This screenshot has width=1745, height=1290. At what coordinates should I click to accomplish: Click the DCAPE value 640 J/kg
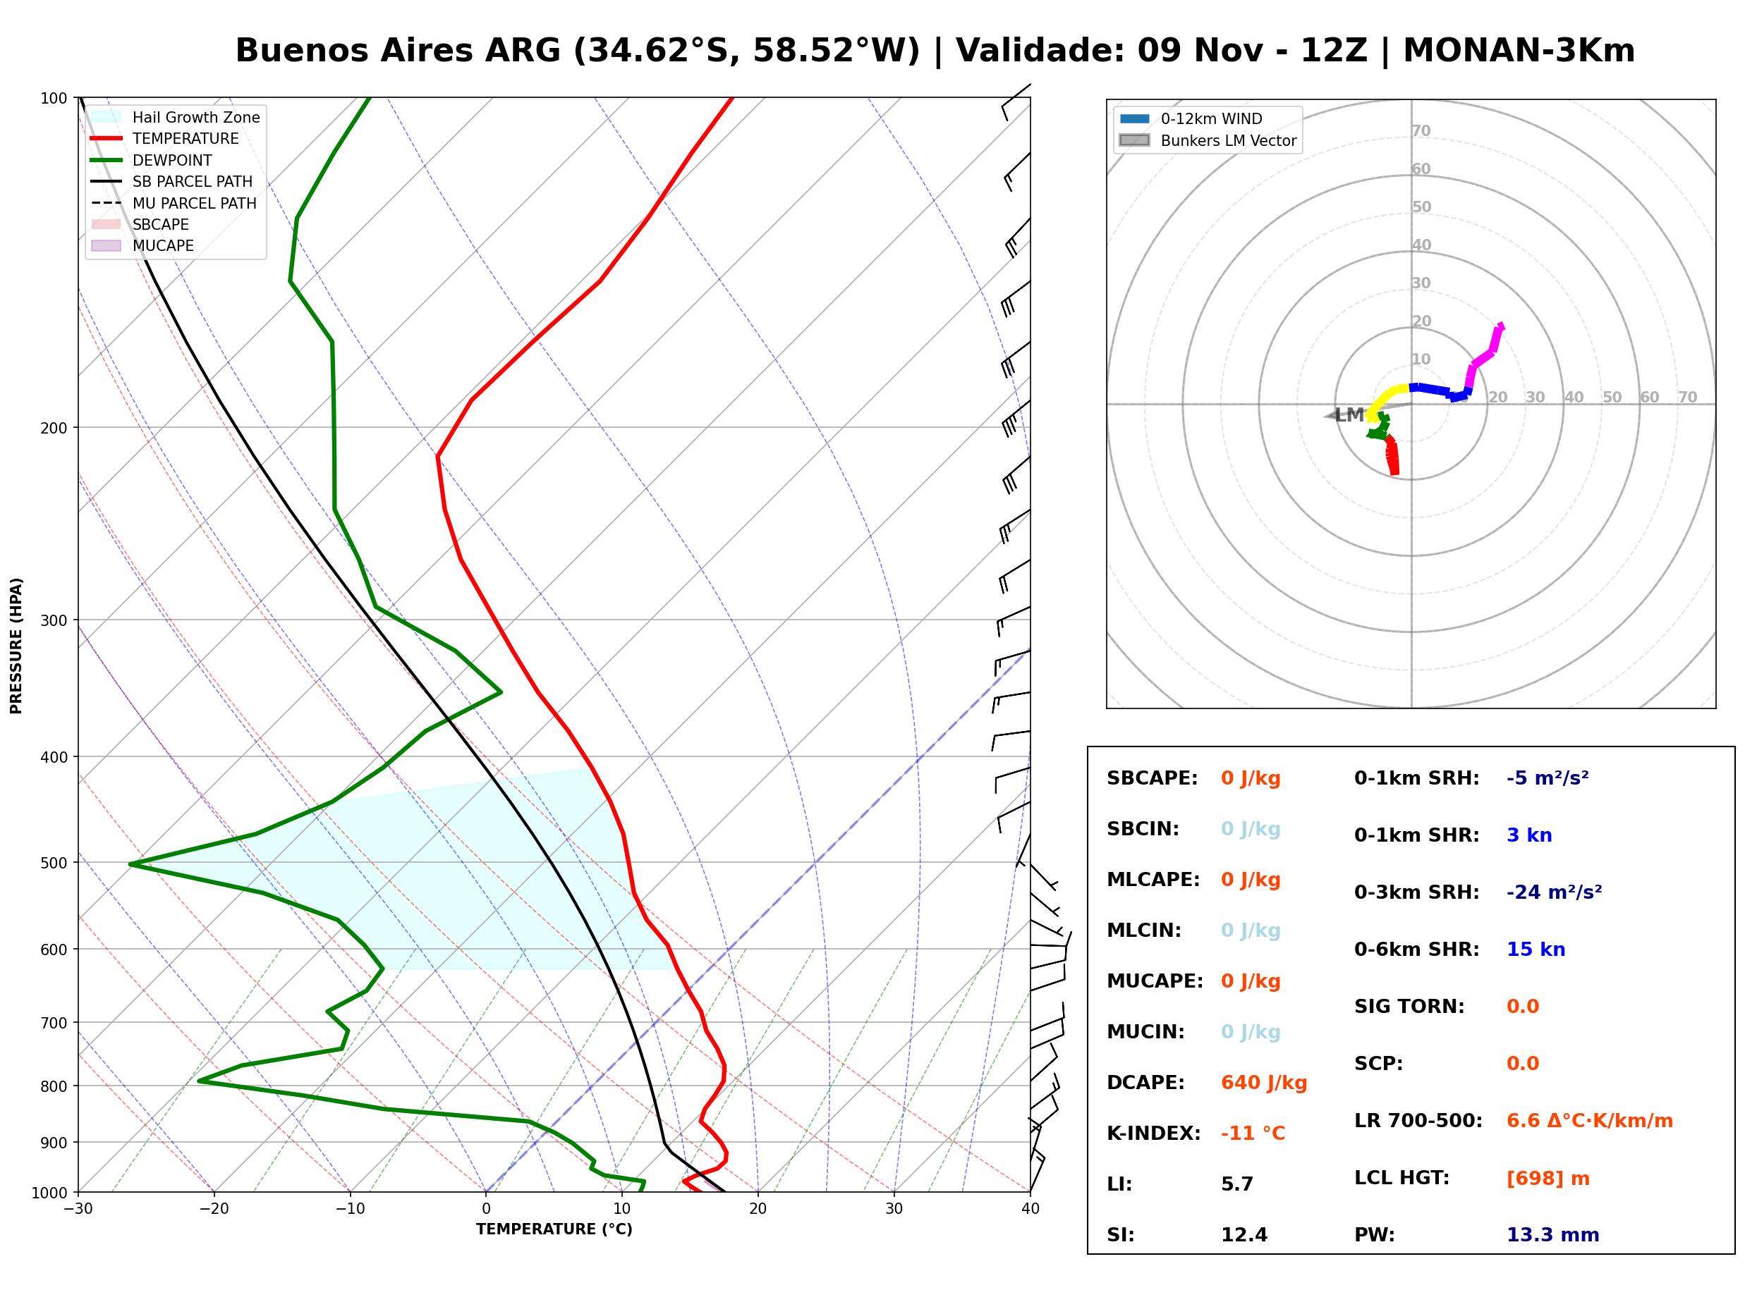coord(1264,1083)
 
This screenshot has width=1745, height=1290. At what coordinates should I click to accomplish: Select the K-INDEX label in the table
coord(1154,1134)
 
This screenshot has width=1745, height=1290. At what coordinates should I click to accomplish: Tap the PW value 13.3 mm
coord(1553,1235)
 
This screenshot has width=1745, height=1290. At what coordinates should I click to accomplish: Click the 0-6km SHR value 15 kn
coord(1536,950)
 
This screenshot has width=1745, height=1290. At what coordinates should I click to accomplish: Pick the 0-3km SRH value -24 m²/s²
coord(1555,892)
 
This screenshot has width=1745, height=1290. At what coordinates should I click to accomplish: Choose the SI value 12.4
coord(1244,1235)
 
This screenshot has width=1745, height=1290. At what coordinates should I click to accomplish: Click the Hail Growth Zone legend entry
coord(175,117)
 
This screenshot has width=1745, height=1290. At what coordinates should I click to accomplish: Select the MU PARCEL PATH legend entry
coord(174,203)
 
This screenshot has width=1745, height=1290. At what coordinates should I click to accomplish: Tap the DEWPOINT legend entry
coord(152,160)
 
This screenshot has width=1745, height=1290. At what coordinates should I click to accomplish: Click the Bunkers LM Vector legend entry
coord(1208,140)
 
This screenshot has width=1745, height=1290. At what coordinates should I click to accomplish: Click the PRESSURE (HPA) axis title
coord(16,646)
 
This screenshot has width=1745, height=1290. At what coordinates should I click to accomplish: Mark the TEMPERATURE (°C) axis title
coord(554,1229)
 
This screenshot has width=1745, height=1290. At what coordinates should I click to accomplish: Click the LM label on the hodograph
coord(1349,414)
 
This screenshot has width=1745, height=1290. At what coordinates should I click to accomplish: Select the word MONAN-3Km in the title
coord(1519,51)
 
